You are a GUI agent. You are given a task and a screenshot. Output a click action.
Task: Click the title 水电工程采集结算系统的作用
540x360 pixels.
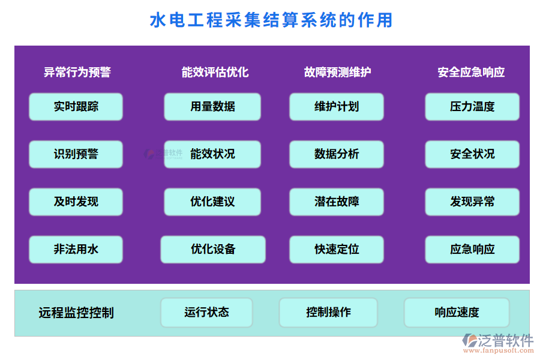point(271,20)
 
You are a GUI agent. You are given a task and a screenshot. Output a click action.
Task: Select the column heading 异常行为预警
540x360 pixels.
point(77,73)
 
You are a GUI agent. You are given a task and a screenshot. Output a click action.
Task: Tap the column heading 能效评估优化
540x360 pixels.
point(215,73)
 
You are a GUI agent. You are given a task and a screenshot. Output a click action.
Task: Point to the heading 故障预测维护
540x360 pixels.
point(337,73)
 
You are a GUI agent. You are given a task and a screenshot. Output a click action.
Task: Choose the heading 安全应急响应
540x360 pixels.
point(471,73)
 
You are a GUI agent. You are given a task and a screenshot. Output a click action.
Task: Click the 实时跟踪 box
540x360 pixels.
point(76,107)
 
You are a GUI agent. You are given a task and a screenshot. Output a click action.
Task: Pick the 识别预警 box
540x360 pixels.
point(76,154)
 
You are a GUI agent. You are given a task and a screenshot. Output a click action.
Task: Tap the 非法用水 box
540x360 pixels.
point(76,250)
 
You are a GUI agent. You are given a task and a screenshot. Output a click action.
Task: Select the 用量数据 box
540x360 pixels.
point(212,107)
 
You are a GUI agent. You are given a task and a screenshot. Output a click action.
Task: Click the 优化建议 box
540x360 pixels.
point(212,202)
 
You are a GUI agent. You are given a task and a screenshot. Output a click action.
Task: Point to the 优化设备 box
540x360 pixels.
point(213,250)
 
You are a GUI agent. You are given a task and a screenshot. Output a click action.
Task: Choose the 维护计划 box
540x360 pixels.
point(337,107)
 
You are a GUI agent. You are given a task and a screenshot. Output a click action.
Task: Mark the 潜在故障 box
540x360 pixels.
point(337,202)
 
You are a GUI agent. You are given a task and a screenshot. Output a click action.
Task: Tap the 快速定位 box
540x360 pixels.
point(337,250)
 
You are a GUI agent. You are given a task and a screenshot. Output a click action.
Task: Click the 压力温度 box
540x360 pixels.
point(472,107)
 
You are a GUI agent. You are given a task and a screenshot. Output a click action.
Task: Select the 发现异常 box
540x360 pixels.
point(472,202)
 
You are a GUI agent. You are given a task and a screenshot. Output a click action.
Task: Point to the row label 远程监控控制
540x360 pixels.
point(76,313)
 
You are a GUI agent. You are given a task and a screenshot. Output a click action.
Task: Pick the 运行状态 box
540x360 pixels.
point(206,313)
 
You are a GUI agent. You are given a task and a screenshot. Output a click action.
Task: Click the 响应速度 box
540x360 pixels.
point(457,313)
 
